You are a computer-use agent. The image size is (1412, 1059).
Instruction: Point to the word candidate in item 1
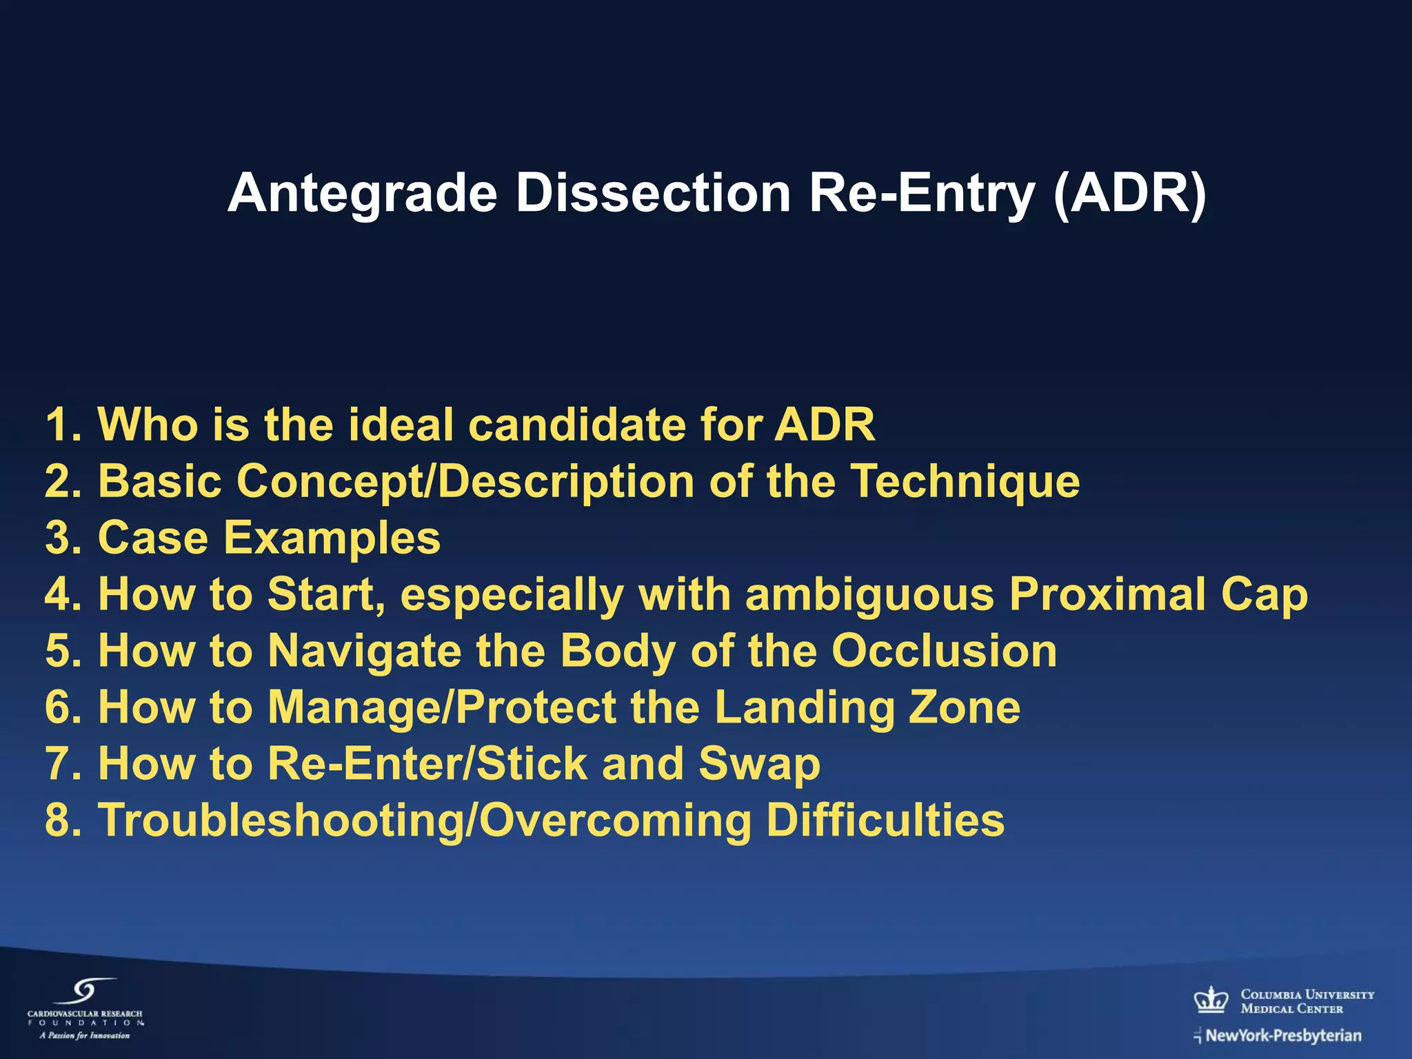[576, 425]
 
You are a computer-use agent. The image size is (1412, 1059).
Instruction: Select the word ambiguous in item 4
[869, 594]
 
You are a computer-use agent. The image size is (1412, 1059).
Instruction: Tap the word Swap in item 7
[759, 765]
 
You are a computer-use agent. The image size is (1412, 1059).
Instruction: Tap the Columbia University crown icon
[1211, 999]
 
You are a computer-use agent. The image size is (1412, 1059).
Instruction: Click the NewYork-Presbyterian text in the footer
[1283, 1036]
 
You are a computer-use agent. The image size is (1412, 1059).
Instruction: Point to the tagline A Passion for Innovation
[84, 1036]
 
